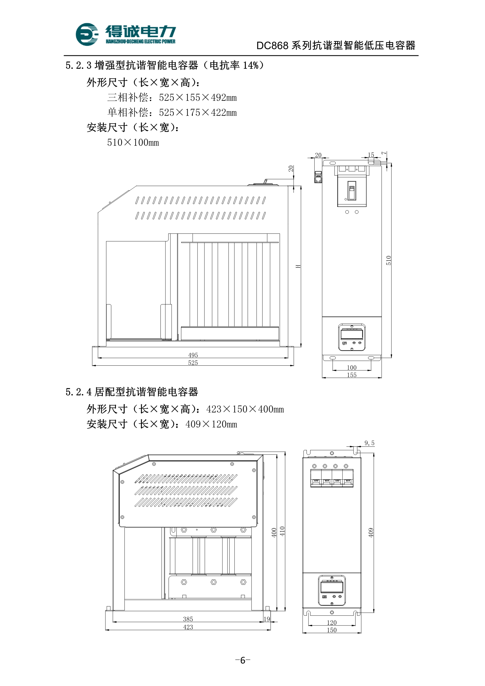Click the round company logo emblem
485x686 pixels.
87,34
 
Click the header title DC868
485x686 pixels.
272,46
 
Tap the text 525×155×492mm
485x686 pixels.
198,98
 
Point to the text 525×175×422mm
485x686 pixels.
198,113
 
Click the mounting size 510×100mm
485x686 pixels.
133,142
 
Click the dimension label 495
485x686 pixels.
193,355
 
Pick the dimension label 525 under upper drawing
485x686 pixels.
193,363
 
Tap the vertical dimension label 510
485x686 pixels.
388,260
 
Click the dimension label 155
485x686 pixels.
352,375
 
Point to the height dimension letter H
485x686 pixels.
298,266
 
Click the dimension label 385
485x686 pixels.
188,619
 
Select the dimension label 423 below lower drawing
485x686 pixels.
188,627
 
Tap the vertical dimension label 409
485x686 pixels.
371,532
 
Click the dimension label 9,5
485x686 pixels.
369,443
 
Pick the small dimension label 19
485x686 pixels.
266,619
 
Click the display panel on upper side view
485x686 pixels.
352,337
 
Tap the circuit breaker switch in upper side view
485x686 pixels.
352,190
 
